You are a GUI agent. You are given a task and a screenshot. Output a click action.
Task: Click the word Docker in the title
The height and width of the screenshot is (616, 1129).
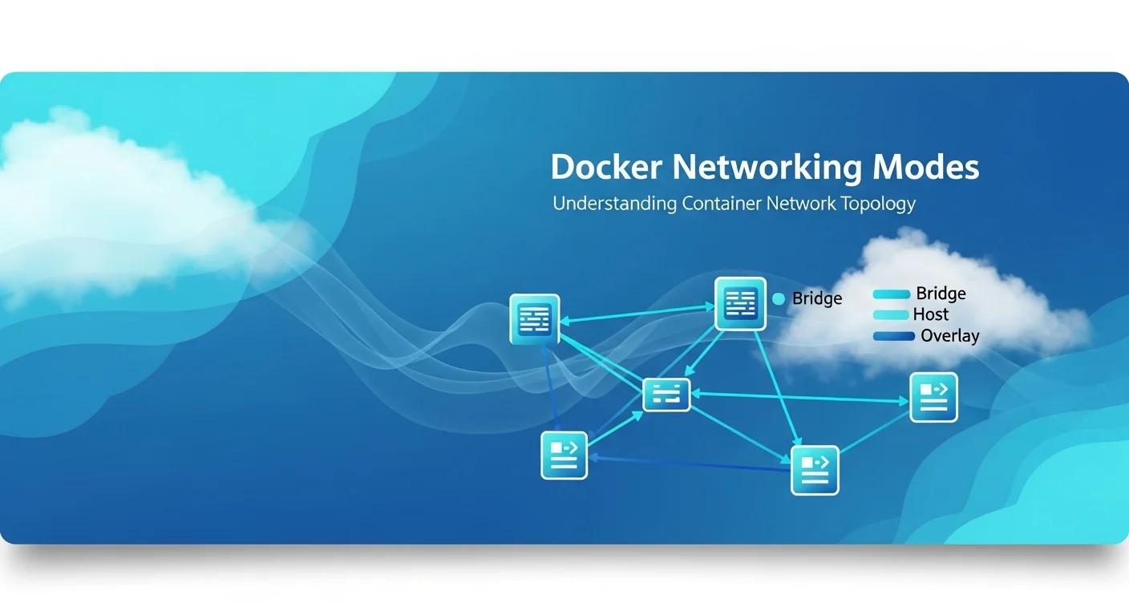click(x=605, y=168)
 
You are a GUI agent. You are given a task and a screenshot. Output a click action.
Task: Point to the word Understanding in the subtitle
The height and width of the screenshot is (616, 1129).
click(x=615, y=204)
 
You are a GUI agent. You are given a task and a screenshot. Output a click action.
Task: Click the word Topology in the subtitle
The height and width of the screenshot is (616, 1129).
click(x=877, y=204)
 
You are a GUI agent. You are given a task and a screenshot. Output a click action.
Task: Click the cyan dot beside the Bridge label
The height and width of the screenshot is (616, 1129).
click(x=778, y=298)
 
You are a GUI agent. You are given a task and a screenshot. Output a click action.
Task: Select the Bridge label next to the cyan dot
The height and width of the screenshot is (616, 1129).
click(x=817, y=298)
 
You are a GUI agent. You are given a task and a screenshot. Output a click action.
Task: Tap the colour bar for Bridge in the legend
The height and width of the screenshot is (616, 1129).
click(x=891, y=294)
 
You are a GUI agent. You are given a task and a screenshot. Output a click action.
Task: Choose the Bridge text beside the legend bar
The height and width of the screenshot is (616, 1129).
click(x=941, y=294)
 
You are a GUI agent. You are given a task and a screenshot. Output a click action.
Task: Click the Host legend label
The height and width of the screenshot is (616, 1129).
click(x=930, y=314)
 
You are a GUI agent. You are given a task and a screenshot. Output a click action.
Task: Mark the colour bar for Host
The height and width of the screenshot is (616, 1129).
click(x=891, y=315)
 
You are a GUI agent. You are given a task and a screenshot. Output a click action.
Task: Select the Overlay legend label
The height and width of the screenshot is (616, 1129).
click(x=949, y=336)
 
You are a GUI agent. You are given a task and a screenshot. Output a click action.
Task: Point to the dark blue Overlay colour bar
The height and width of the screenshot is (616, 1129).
click(x=893, y=336)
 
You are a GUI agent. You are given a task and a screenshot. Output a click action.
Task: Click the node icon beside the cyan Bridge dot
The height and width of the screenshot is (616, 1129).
click(x=740, y=304)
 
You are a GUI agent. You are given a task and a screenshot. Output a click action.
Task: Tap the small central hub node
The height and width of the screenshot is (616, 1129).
click(x=666, y=394)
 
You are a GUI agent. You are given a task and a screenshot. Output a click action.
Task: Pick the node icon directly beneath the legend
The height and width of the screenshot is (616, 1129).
click(x=933, y=397)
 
